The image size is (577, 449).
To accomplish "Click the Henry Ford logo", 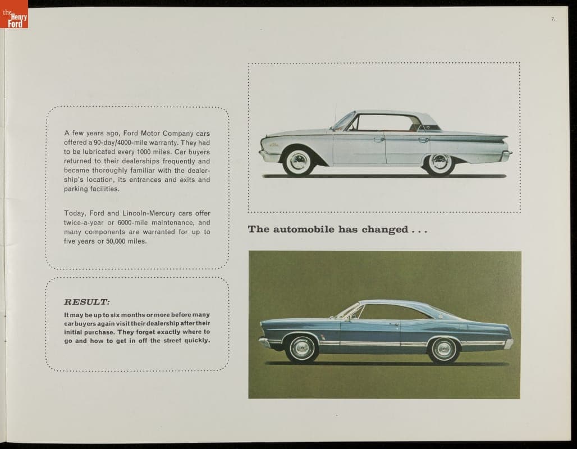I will coord(14,14).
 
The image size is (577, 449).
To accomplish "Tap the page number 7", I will coord(553,19).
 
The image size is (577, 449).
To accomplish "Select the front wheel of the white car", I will coord(297,161).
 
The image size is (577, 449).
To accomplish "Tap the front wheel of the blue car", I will coord(302,349).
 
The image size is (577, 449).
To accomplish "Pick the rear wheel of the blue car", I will coord(443,349).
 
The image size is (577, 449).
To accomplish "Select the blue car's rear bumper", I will coord(509,343).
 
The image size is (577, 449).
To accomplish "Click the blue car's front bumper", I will coord(263,341).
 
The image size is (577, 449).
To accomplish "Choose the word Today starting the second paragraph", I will coord(75,213).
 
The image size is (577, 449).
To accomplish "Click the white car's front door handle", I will coord(379,140).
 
